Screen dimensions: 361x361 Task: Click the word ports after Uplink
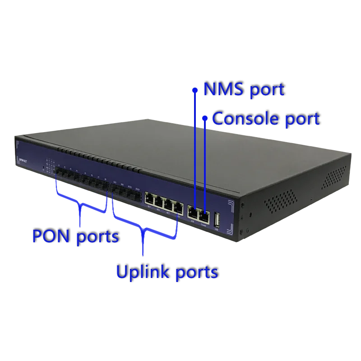196,273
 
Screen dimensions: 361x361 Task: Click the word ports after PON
98,237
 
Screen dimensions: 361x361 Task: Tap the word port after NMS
268,90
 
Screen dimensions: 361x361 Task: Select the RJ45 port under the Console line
204,216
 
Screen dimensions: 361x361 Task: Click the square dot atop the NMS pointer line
194,90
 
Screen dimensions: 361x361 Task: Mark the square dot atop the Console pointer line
205,119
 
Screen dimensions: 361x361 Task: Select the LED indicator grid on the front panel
50,165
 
